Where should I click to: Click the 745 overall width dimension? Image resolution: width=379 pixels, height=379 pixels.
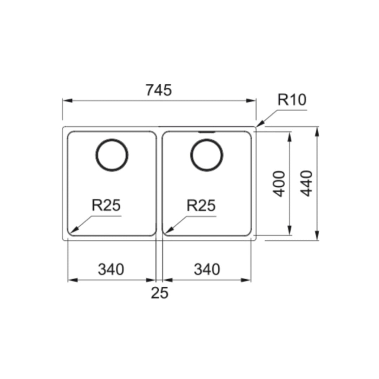159,90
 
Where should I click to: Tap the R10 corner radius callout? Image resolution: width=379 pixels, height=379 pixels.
292,100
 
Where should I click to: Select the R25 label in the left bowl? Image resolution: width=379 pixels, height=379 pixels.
106,205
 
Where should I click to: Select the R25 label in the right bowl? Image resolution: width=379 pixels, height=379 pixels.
201,205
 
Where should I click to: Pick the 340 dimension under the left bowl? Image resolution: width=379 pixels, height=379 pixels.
111,270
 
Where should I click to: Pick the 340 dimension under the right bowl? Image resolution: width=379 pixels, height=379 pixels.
207,270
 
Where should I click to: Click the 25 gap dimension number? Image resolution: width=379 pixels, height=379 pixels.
160,293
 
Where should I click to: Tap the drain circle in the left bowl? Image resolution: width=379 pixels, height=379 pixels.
112,155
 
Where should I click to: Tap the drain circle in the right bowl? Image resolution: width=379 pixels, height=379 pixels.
207,155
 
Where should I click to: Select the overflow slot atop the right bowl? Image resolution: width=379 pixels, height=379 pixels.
207,132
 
